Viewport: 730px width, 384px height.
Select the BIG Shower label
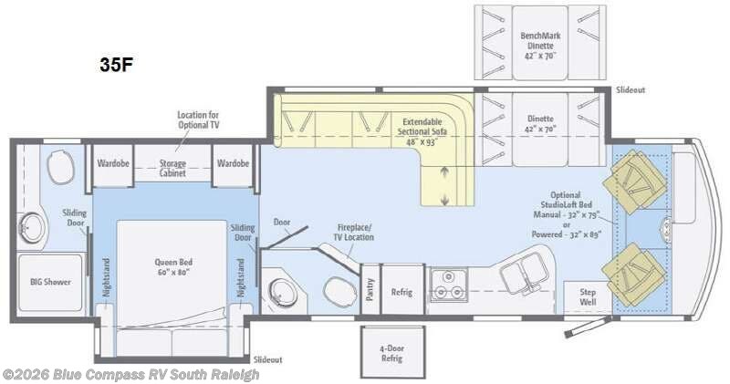(45, 282)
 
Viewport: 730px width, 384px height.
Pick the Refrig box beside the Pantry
(402, 292)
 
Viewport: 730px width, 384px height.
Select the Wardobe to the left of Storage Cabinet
(110, 163)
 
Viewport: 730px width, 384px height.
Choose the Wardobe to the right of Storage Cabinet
(233, 163)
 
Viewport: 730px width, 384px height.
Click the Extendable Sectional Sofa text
(421, 131)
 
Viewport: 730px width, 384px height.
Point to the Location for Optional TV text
(197, 119)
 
